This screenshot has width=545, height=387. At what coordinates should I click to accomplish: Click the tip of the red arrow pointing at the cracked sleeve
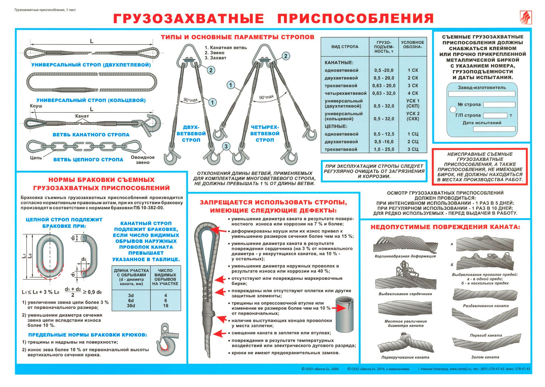point(346,308)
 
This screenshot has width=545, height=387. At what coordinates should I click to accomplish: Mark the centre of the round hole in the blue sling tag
point(453,110)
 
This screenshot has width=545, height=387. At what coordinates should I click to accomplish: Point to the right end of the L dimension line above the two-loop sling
point(153,44)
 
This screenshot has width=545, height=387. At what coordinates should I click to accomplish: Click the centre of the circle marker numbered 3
point(226,146)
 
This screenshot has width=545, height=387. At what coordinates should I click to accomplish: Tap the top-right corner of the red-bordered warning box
point(527,149)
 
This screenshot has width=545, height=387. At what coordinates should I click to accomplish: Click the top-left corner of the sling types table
point(321,38)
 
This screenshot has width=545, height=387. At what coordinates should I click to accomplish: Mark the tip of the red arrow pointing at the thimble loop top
point(211,229)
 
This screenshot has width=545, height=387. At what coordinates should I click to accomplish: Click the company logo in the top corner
point(526,17)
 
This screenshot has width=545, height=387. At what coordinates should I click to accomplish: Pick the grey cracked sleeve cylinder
point(344,314)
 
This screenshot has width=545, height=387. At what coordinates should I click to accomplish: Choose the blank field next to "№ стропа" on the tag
point(499,105)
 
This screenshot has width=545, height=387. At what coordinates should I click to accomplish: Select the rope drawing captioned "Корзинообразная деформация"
point(405,244)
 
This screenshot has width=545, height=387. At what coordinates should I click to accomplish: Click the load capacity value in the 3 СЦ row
point(384,149)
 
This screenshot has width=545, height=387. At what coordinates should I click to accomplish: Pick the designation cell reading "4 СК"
point(413,93)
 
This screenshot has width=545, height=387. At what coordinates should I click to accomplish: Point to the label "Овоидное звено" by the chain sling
point(143,160)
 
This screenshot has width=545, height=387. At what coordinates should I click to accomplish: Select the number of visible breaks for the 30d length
point(165,306)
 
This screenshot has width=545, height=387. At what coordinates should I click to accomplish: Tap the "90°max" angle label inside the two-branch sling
point(190,100)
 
